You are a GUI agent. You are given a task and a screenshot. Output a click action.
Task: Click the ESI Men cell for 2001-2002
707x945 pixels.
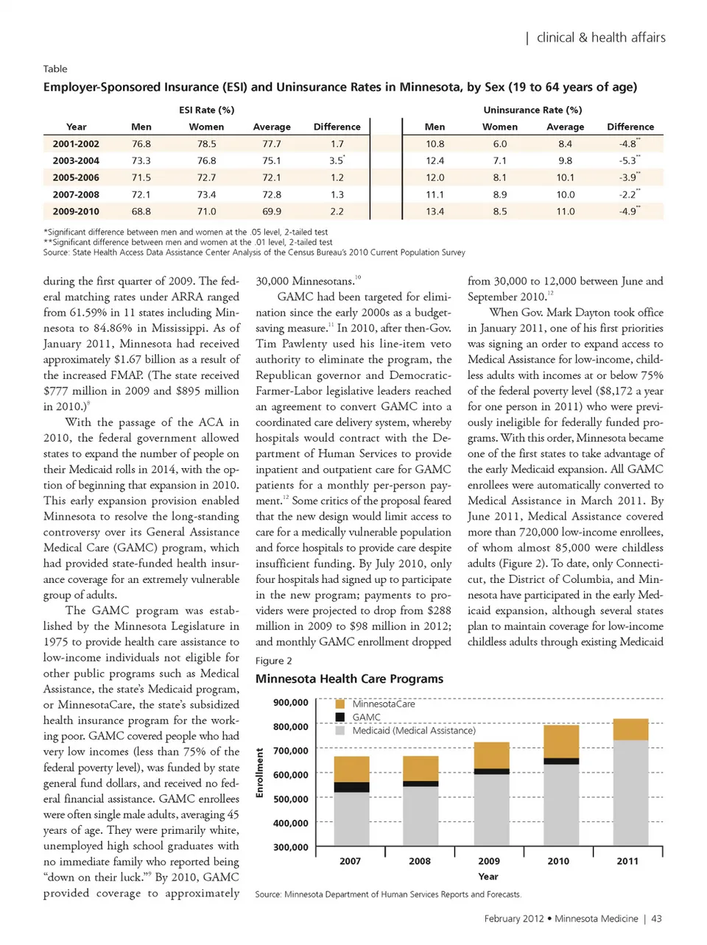tap(141, 144)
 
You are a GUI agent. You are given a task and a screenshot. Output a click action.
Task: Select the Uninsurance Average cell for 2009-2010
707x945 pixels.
tap(565, 211)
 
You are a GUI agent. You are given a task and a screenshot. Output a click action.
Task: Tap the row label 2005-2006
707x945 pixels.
tap(76, 177)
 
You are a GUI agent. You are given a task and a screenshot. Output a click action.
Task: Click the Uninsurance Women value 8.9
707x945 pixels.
tap(499, 194)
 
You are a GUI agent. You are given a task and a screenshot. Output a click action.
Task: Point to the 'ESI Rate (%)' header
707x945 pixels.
tap(206, 110)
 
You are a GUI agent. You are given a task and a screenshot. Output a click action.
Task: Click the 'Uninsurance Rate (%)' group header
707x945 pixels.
tap(532, 110)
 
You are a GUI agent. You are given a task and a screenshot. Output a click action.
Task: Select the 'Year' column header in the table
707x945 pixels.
tap(76, 127)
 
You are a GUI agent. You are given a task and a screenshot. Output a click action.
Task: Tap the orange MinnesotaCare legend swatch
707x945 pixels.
tap(340, 704)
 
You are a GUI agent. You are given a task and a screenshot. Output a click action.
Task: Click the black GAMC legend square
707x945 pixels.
tap(340, 718)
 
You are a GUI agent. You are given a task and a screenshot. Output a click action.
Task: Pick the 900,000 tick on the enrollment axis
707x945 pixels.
tap(291, 702)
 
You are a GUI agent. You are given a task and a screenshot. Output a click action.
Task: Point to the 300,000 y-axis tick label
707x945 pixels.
tap(291, 847)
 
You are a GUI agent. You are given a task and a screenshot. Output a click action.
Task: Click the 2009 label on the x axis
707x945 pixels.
tap(489, 861)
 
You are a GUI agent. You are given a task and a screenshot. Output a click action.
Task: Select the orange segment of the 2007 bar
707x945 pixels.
tap(351, 769)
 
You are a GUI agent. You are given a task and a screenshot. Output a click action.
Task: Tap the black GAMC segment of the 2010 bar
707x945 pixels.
tap(560, 761)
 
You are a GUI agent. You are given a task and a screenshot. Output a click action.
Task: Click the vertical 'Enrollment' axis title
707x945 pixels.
tap(259, 772)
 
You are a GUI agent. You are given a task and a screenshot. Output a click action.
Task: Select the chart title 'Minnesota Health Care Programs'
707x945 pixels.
tap(349, 679)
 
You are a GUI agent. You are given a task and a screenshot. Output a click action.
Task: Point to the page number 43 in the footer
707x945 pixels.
tap(656, 919)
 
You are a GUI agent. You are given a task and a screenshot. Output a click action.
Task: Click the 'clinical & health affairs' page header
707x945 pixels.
tap(600, 38)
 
